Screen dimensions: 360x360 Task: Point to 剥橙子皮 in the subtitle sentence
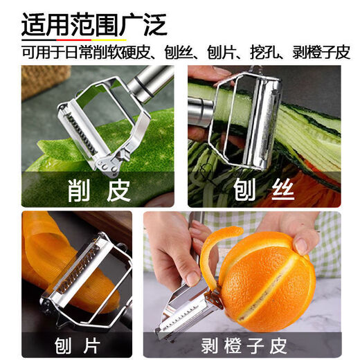325,52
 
